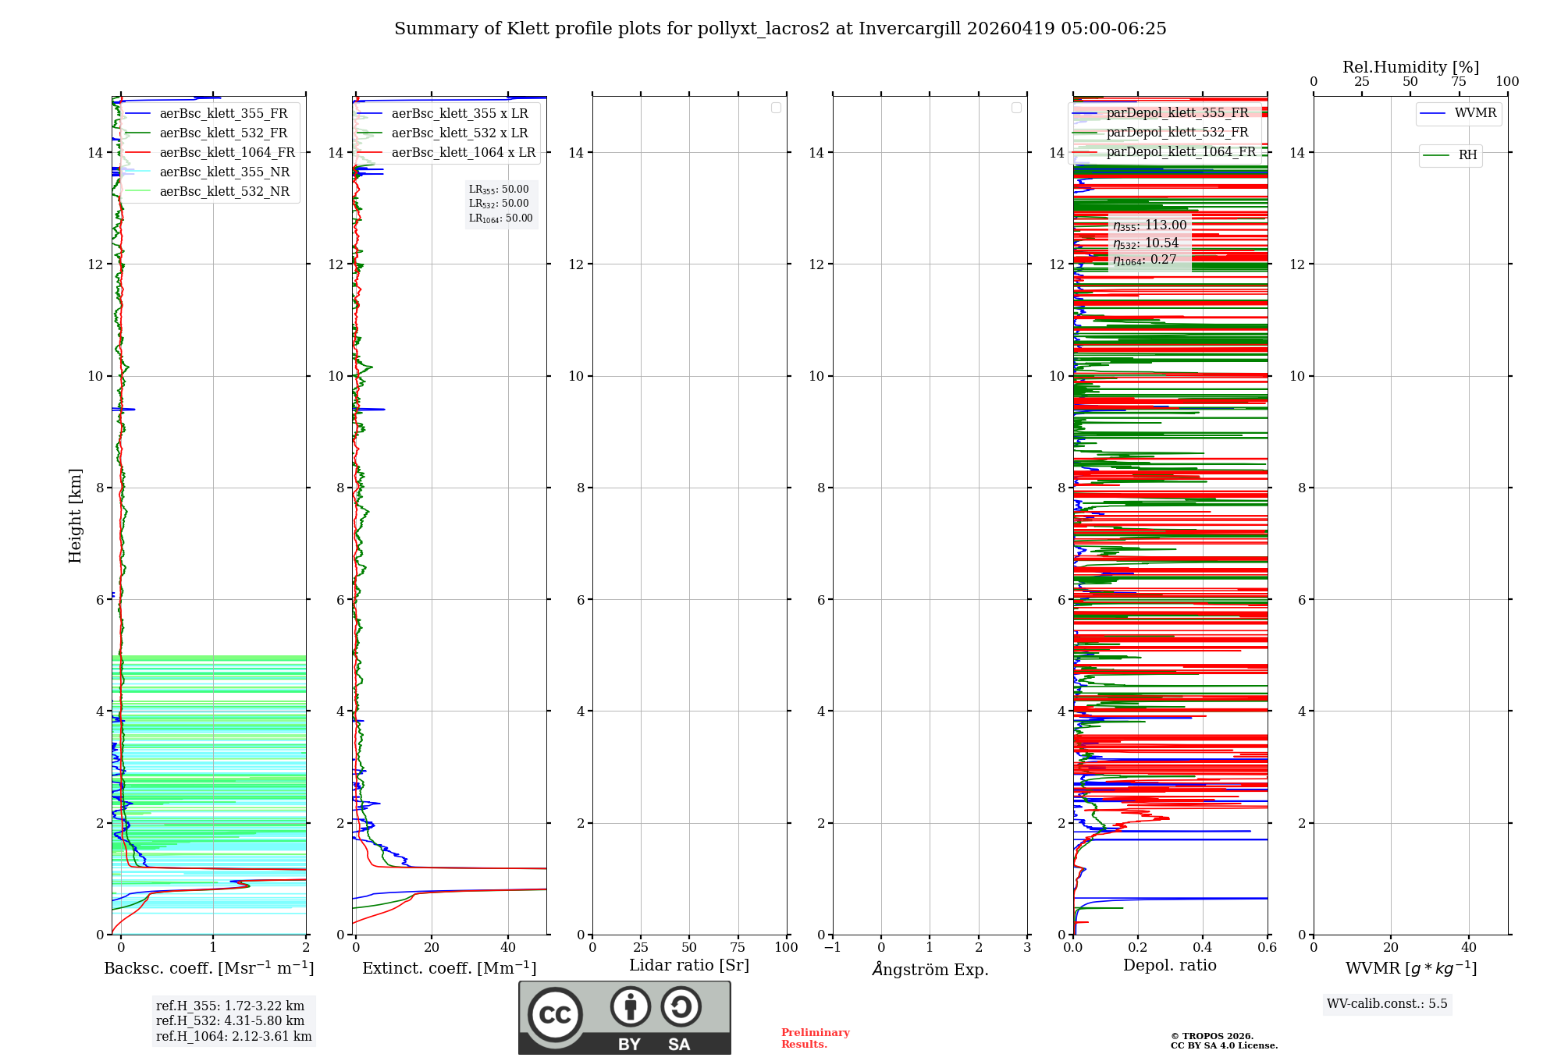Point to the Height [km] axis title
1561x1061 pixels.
(x=75, y=516)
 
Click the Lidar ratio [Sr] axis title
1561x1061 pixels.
(x=689, y=966)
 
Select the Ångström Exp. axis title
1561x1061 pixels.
(x=930, y=970)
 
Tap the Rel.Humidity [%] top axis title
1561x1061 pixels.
(x=1410, y=67)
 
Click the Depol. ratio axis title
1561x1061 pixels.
(x=1169, y=966)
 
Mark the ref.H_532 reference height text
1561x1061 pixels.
(x=230, y=1021)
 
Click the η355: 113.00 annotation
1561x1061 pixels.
(x=1150, y=225)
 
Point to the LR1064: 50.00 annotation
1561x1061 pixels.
(x=500, y=218)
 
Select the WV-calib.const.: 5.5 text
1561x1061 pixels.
(x=1387, y=1004)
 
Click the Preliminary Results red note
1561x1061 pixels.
(x=815, y=1038)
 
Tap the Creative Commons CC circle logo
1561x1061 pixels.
(x=555, y=1014)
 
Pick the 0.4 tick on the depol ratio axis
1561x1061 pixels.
(x=1203, y=948)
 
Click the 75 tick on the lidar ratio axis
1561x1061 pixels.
(x=738, y=948)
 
